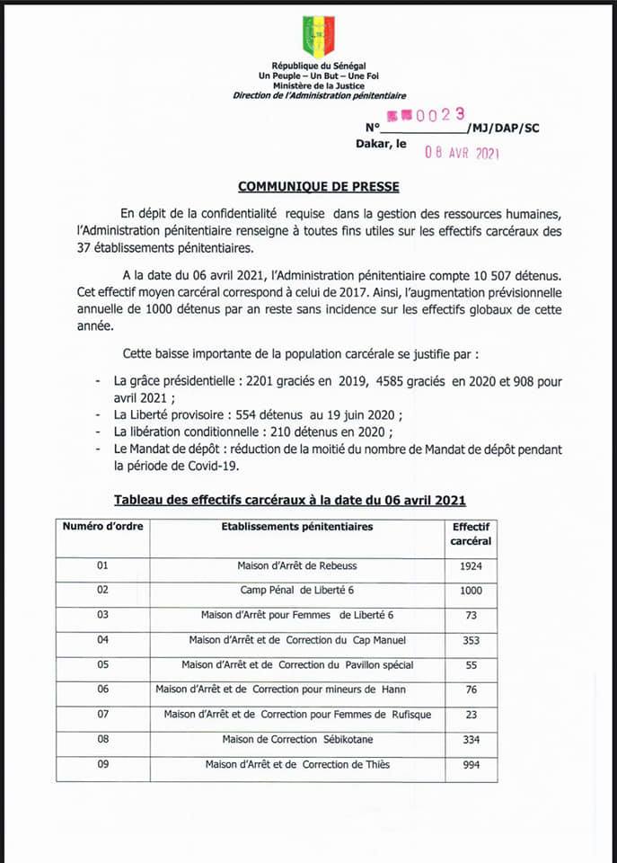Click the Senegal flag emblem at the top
(318, 36)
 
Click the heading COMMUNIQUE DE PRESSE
(318, 187)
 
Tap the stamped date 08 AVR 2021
(462, 152)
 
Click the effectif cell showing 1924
(471, 567)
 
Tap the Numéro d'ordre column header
(102, 527)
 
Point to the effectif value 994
(471, 765)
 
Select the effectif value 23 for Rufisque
(471, 715)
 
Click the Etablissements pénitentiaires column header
(297, 527)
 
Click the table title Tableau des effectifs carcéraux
(289, 500)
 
